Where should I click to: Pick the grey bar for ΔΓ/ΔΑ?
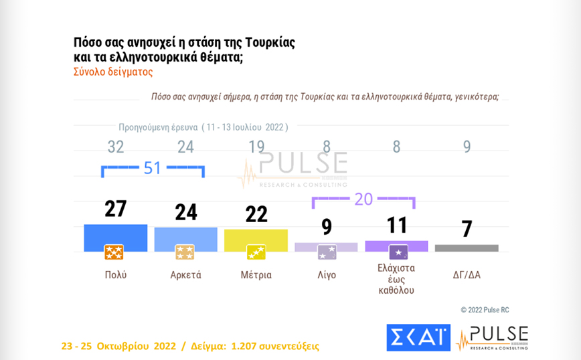(467, 248)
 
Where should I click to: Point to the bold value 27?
(115, 209)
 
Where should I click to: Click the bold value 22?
(256, 214)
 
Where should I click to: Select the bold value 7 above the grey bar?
(467, 229)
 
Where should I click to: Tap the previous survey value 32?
(116, 147)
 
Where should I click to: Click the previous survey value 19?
(256, 147)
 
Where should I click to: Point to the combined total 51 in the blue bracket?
(153, 167)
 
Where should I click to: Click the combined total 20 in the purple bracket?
(363, 199)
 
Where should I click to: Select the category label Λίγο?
(326, 275)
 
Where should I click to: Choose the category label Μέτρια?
(256, 275)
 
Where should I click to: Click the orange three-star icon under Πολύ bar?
(114, 252)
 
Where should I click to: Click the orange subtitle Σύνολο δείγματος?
(113, 72)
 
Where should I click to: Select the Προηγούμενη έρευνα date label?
(203, 127)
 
